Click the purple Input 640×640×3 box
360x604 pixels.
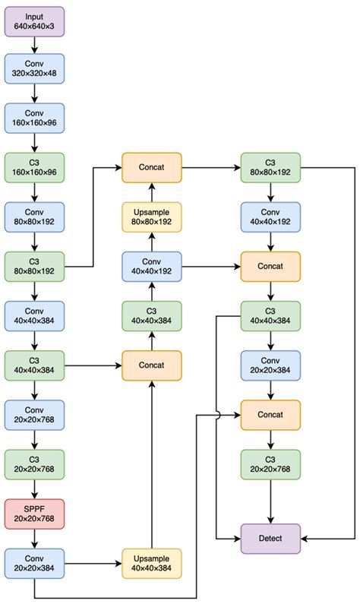pyautogui.click(x=34, y=21)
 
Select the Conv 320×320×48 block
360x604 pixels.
pyautogui.click(x=34, y=68)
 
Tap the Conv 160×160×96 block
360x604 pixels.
pyautogui.click(x=34, y=118)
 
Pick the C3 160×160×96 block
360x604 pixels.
pyautogui.click(x=34, y=167)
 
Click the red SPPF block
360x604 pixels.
pyautogui.click(x=34, y=514)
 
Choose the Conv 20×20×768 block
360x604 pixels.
pyautogui.click(x=34, y=415)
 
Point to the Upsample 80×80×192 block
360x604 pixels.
pyautogui.click(x=152, y=217)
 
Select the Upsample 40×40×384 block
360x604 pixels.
pyautogui.click(x=152, y=563)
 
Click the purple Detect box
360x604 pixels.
pyautogui.click(x=271, y=538)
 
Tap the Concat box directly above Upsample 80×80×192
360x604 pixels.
pyautogui.click(x=152, y=167)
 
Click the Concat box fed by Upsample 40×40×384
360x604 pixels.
pyautogui.click(x=152, y=365)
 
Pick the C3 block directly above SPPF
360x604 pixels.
pyautogui.click(x=34, y=464)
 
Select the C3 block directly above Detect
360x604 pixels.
pyautogui.click(x=271, y=464)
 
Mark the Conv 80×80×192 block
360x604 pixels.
pyautogui.click(x=34, y=217)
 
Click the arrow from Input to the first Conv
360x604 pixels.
pyautogui.click(x=34, y=45)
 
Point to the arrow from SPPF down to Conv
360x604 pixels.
pyautogui.click(x=34, y=538)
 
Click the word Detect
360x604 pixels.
pyautogui.click(x=271, y=538)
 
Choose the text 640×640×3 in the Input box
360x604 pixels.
pyautogui.click(x=34, y=27)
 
